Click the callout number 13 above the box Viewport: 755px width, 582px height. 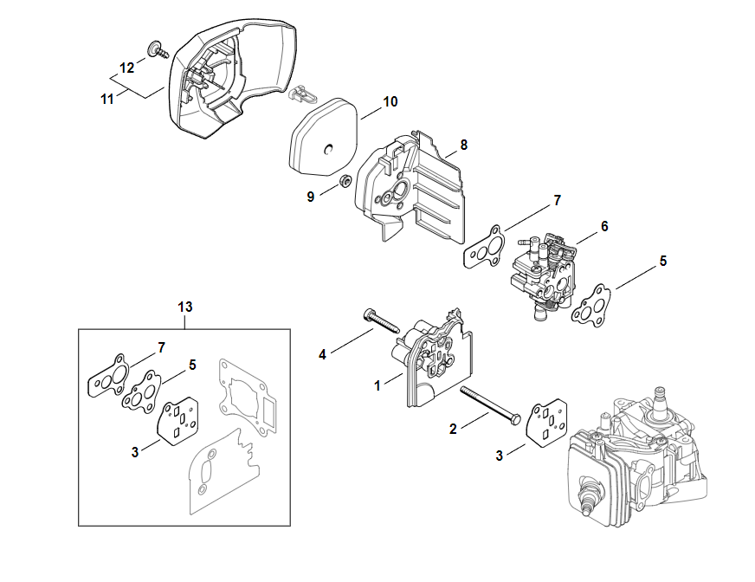pos(184,307)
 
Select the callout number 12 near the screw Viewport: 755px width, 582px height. pos(127,68)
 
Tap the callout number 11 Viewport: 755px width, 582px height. pos(107,100)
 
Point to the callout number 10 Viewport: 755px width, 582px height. pos(390,102)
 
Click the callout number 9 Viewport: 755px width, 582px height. pos(311,196)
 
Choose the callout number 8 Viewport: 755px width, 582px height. pos(464,145)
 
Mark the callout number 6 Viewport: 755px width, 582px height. pos(604,226)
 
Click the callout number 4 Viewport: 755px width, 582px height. pos(322,353)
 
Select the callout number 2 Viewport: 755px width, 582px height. pos(452,428)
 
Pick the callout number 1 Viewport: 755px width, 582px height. pos(377,385)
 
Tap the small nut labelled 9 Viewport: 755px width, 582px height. pos(343,181)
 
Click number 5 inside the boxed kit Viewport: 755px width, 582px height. pos(192,365)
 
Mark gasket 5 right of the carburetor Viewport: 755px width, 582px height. pos(591,305)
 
